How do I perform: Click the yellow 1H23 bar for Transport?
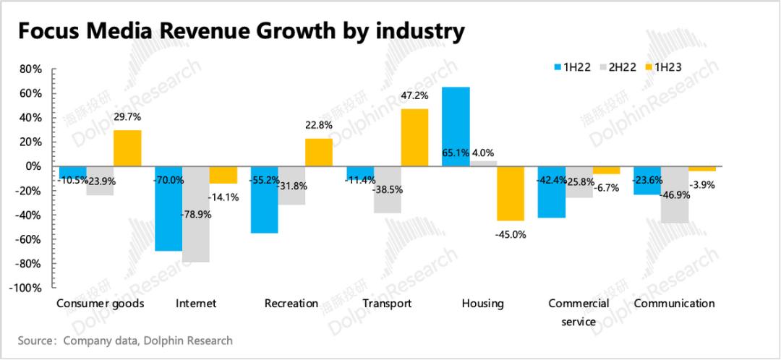tap(415, 137)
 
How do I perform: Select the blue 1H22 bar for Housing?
tap(456, 127)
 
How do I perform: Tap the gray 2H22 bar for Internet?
tap(196, 214)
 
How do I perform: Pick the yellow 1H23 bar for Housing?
tap(511, 193)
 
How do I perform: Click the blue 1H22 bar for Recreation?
tap(265, 200)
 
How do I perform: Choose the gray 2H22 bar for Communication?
tap(674, 194)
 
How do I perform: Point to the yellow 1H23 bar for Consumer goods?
tap(128, 148)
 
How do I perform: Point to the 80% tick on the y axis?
tap(30, 69)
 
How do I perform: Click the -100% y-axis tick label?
tap(26, 288)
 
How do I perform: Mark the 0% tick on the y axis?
tap(33, 166)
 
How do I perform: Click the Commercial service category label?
tap(579, 312)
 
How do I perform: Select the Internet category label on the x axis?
tap(196, 304)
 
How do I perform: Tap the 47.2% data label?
tap(414, 95)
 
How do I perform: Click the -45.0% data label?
tap(511, 234)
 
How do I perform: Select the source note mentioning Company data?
tap(126, 340)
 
